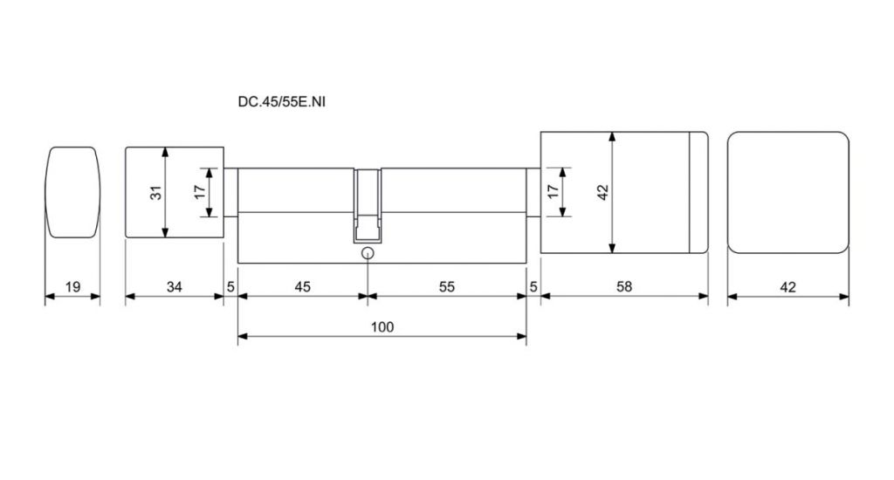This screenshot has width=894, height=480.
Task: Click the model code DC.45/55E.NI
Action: (282, 102)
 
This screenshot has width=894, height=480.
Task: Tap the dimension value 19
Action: (72, 286)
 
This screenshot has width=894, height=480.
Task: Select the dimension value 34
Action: (175, 286)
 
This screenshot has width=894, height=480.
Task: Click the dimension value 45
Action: (302, 286)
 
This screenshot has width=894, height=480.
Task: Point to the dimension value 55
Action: (447, 286)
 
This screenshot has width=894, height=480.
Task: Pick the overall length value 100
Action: (382, 327)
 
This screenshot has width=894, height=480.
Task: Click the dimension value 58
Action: (623, 286)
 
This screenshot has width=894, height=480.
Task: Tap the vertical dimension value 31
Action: (155, 193)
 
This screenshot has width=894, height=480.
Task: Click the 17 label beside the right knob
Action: (551, 191)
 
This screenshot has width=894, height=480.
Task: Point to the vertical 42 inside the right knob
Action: (602, 192)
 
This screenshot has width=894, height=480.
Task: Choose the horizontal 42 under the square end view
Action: (787, 286)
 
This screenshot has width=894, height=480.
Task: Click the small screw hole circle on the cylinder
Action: (368, 254)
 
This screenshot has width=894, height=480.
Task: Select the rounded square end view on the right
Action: (787, 193)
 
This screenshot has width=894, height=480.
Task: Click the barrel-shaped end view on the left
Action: (72, 192)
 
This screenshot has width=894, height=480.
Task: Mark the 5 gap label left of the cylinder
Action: (230, 286)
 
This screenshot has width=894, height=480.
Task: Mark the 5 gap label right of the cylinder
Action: (533, 286)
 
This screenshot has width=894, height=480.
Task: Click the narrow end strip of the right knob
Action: (698, 193)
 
